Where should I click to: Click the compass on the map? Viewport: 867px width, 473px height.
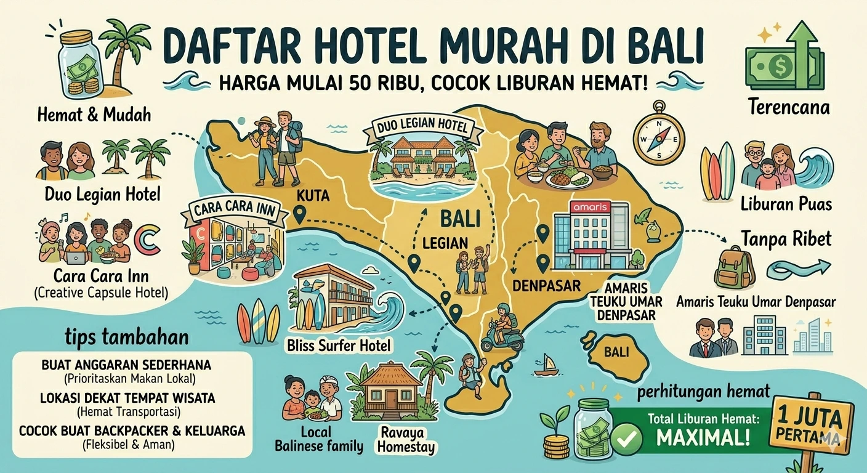pos(659,133)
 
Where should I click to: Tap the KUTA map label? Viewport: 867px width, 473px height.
pos(313,198)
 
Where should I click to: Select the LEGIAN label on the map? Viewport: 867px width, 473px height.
pos(445,243)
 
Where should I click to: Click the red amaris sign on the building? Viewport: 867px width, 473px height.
pos(590,208)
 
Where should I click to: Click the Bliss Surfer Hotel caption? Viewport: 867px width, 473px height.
pos(339,345)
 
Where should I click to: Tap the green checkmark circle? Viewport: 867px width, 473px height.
pos(627,438)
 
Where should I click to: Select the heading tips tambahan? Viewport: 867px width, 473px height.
pos(126,338)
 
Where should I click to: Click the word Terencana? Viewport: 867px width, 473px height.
pos(789,107)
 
